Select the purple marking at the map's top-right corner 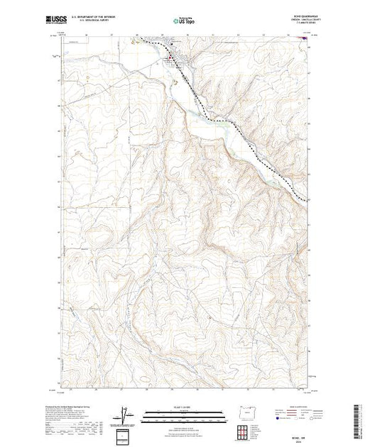[305, 39]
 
